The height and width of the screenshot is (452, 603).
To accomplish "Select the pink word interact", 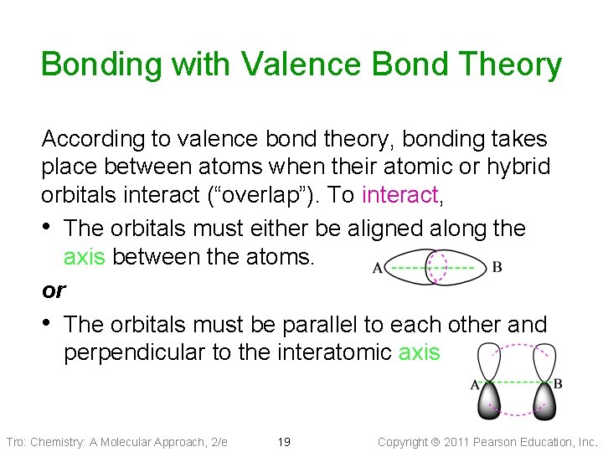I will (399, 196).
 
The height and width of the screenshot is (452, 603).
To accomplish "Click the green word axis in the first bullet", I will (85, 257).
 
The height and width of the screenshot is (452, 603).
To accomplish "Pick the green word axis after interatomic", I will (419, 352).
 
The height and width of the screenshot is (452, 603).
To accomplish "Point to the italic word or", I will (54, 290).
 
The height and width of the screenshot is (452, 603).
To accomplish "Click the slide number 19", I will (283, 442).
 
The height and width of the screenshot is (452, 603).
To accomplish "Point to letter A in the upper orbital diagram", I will (377, 269).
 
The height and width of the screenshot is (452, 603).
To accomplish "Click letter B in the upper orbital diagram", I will (497, 268).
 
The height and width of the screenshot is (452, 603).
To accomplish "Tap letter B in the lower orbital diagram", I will (558, 384).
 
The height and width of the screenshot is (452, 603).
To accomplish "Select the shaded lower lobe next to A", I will (491, 401).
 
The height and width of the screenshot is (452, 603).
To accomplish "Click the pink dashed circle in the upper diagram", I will (437, 269).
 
